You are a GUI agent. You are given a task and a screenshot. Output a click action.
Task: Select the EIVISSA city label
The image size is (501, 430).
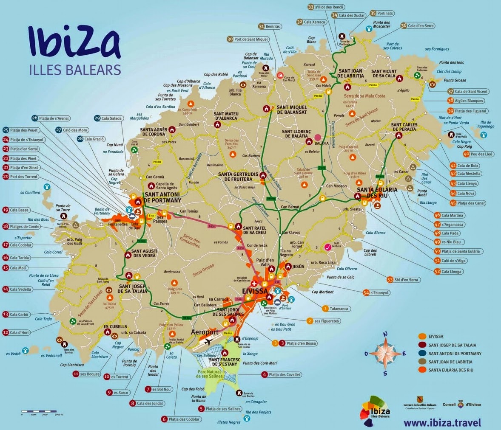tap(254, 291)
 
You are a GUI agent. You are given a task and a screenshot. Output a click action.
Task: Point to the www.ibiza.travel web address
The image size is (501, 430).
tap(442, 422)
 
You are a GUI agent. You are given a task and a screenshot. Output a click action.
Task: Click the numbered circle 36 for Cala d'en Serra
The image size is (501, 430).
tap(404, 26)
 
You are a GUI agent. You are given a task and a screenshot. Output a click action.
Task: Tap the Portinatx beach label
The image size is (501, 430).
tap(385, 14)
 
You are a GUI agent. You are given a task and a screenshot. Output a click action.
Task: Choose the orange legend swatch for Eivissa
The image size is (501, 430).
tap(422, 337)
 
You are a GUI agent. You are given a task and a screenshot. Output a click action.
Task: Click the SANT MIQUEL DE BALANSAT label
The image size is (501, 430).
tap(292, 110)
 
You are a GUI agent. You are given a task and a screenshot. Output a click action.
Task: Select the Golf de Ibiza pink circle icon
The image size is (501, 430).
tap(328, 247)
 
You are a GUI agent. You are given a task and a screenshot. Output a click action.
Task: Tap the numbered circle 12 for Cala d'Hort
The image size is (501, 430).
tap(6, 332)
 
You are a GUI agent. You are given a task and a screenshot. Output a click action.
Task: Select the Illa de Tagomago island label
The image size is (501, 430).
tap(485, 124)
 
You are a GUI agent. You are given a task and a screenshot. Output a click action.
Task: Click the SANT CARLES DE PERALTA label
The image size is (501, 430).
tap(404, 127)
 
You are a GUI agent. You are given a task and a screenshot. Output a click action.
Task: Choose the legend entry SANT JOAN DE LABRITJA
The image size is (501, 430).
tap(450, 362)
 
